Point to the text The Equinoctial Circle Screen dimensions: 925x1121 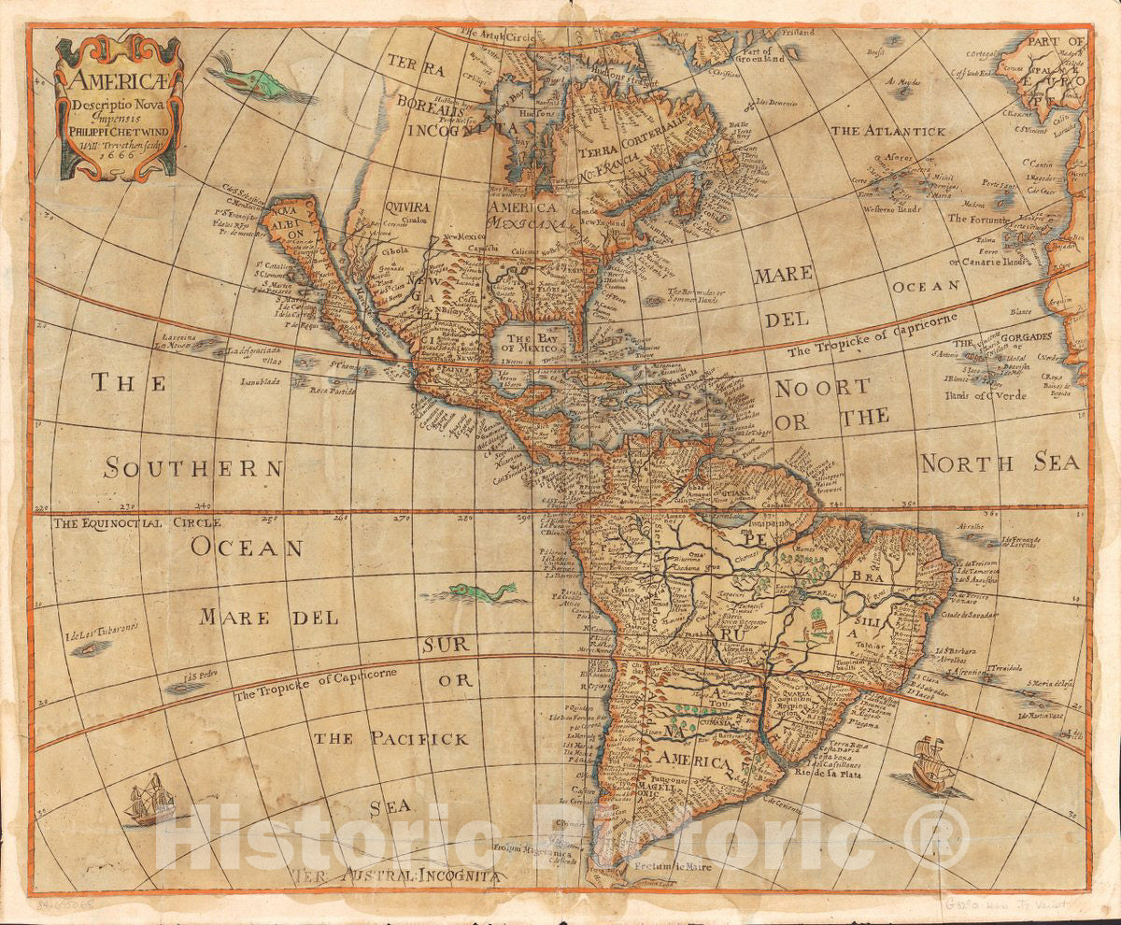tap(123, 522)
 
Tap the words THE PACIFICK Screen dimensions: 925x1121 tap(390, 738)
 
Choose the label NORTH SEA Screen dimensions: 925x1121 tap(1000, 462)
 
